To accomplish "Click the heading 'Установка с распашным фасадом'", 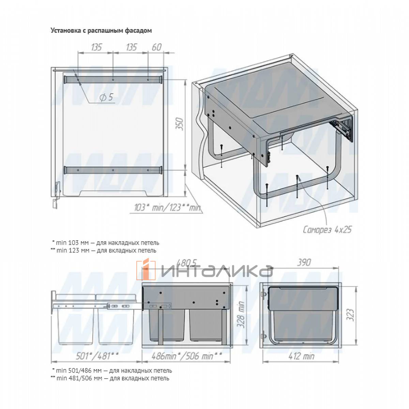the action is coord(101,31).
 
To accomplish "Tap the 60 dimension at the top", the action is coord(157,47).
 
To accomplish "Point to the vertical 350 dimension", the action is coord(180,124).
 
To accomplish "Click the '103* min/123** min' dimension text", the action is coord(167,207).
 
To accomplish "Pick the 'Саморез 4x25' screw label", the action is coord(327,229).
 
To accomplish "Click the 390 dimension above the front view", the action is coord(304,262).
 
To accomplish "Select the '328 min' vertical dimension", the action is coord(241,315).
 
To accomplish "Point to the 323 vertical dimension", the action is coord(351,315).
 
